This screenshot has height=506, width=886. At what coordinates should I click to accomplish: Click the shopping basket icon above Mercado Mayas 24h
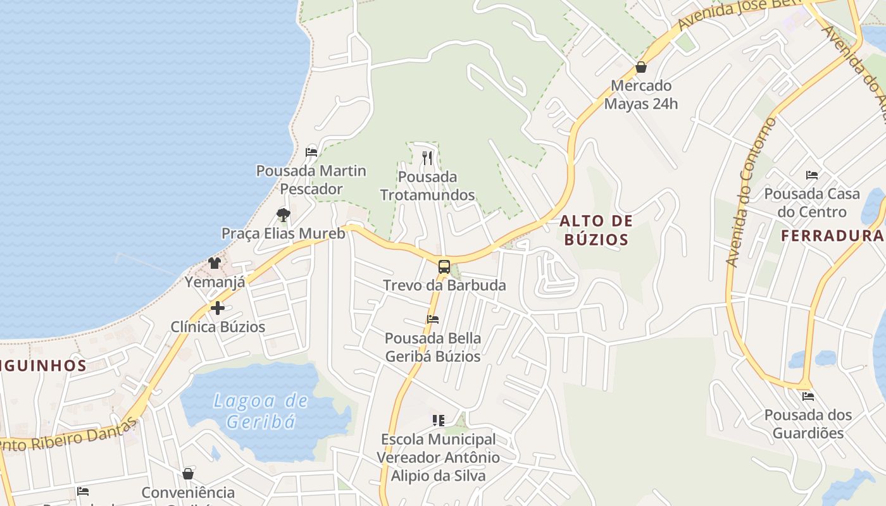click(x=641, y=67)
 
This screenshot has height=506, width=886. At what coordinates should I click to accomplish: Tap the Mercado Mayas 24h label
click(x=641, y=94)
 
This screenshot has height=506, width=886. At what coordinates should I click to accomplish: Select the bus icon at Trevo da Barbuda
click(x=444, y=266)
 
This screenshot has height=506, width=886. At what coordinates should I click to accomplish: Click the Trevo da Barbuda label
click(x=444, y=285)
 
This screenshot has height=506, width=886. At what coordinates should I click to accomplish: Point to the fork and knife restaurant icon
click(x=428, y=157)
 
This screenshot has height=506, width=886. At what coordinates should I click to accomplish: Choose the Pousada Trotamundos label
click(x=428, y=185)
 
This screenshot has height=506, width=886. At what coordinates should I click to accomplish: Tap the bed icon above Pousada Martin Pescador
click(x=311, y=152)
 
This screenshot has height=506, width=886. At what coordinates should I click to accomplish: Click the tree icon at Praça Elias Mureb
click(x=284, y=215)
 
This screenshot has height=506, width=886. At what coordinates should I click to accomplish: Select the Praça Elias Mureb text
click(x=284, y=233)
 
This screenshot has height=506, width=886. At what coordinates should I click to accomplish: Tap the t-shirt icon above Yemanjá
click(x=215, y=263)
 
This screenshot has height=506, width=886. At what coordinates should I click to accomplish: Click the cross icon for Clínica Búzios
click(x=218, y=308)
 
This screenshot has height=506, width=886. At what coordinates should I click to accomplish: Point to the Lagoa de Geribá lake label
click(x=261, y=410)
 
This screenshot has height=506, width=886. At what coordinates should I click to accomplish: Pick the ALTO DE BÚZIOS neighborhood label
click(x=596, y=230)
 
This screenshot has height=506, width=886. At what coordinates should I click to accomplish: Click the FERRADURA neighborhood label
click(x=832, y=236)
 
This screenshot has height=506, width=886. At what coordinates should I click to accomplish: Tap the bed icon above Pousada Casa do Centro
click(x=812, y=175)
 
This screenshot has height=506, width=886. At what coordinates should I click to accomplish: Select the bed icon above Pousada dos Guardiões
click(x=808, y=397)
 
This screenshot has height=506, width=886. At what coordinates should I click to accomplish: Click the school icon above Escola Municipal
click(x=439, y=420)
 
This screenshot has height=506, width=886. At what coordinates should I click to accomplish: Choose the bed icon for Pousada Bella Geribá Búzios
click(x=433, y=319)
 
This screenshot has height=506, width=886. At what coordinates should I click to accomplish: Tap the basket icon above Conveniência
click(x=188, y=474)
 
